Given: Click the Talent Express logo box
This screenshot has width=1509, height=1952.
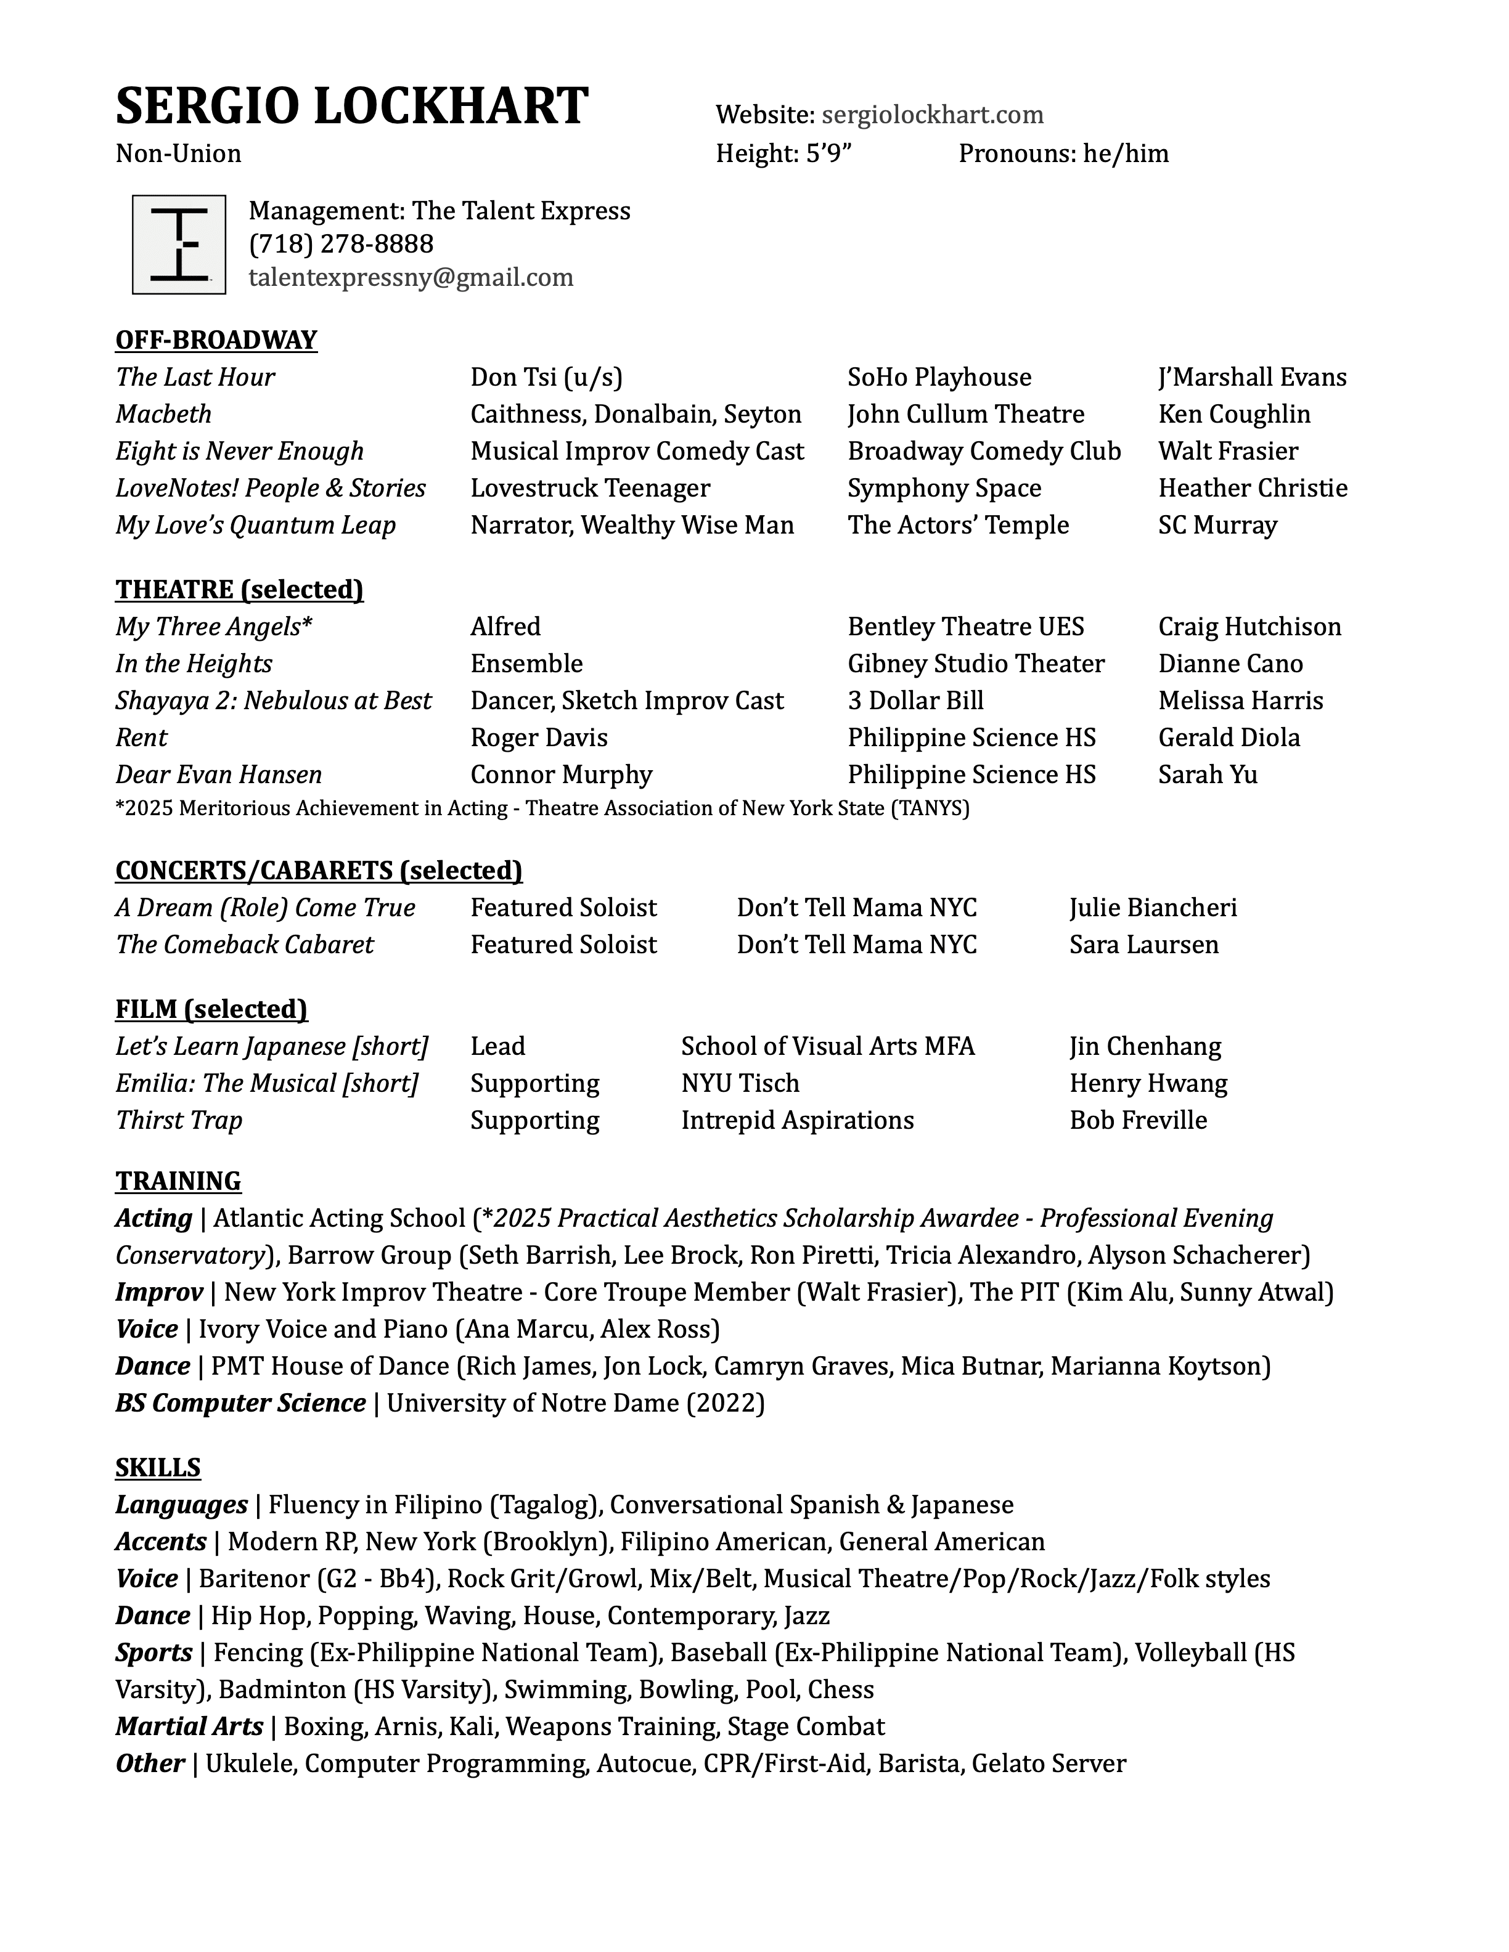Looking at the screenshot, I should click(179, 244).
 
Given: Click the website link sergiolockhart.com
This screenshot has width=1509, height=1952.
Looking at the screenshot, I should click(933, 115).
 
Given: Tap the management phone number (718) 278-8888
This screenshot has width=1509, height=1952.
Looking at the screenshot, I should click(341, 244).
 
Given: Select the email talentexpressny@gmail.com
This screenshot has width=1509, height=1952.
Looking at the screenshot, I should click(411, 278).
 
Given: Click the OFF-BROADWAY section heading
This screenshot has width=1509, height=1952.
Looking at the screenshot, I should click(216, 340).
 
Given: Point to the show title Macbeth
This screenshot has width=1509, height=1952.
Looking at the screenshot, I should click(163, 414).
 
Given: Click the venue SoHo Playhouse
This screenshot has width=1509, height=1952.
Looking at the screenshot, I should click(939, 377).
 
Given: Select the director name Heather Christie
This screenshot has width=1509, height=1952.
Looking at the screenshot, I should click(1253, 488).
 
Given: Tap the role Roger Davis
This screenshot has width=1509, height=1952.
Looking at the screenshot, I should click(538, 738).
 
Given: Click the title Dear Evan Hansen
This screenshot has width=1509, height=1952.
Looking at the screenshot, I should click(218, 774).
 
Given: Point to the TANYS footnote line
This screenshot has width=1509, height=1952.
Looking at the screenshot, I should click(542, 808).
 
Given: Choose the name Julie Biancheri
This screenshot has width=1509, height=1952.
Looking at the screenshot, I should click(1153, 907).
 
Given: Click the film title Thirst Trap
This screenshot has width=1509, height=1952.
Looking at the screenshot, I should click(179, 1120).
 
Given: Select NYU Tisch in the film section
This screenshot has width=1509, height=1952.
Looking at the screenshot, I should click(740, 1083).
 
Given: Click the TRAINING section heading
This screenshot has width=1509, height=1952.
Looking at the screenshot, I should click(178, 1181).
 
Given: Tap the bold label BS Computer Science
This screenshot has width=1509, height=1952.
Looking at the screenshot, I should click(240, 1402).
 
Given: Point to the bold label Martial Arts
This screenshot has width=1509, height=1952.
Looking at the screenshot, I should click(189, 1726).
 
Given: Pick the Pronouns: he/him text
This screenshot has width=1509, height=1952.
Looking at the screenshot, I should click(1063, 153).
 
